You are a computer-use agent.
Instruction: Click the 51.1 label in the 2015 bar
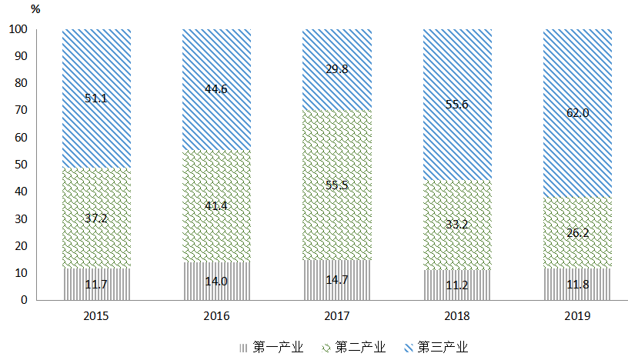pos(96,98)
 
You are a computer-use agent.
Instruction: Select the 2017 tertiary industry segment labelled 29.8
pos(336,68)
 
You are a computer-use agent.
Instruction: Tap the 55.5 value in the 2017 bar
pos(336,185)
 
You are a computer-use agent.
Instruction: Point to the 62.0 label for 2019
pos(577,113)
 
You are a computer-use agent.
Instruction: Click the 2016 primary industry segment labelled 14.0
pos(216,282)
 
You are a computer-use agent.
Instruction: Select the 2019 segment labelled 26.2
pos(577,232)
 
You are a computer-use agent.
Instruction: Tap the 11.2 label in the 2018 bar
pos(457,285)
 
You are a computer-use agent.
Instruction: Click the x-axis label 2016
pos(216,316)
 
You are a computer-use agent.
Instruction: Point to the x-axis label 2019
pos(577,316)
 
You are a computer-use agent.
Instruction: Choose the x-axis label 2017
pos(336,316)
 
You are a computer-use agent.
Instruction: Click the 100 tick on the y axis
pos(19,29)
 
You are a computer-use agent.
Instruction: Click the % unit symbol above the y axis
pos(36,9)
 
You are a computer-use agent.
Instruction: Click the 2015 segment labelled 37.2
pos(96,218)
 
